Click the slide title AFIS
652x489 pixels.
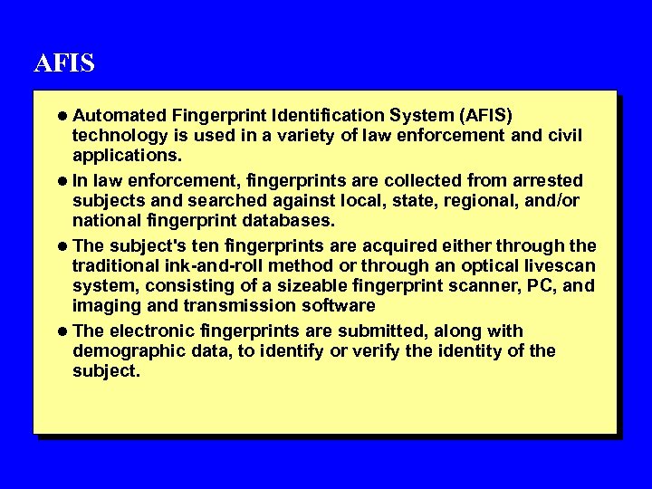click(64, 64)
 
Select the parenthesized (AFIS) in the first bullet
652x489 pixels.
click(487, 116)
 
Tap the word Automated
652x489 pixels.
click(119, 116)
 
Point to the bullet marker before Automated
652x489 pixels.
click(62, 116)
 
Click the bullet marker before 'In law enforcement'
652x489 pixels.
click(62, 181)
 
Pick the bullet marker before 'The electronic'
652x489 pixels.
click(62, 331)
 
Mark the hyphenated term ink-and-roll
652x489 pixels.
click(207, 266)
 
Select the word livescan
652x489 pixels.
click(559, 266)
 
